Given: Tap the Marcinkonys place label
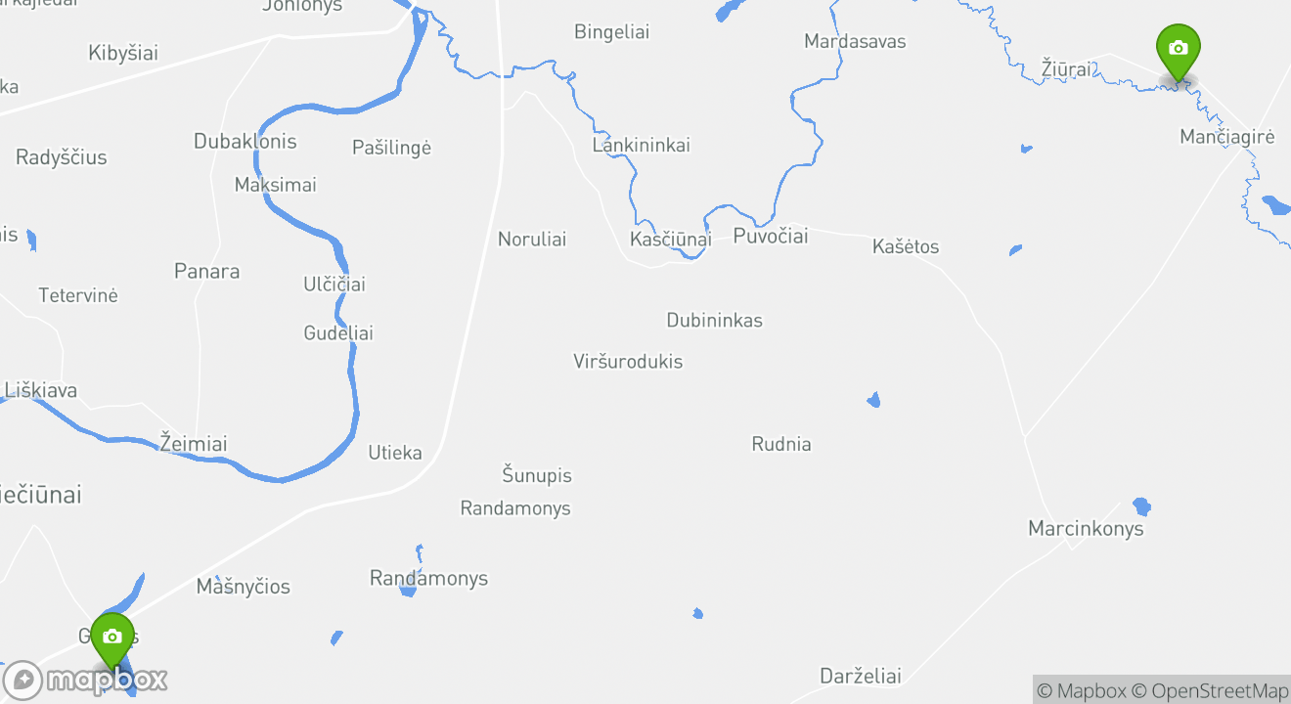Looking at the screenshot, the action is pyautogui.click(x=1085, y=529).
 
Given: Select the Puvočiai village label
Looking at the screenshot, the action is pyautogui.click(x=771, y=237).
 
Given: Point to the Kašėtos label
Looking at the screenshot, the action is pyautogui.click(x=905, y=246).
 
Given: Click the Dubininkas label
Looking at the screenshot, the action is pyautogui.click(x=714, y=321).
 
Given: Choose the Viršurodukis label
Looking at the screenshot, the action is pyautogui.click(x=628, y=362).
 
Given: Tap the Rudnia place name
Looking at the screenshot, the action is pyautogui.click(x=780, y=444).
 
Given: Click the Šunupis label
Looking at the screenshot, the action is pyautogui.click(x=536, y=476).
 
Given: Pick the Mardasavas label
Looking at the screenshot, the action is pyautogui.click(x=854, y=41).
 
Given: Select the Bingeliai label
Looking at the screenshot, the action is pyautogui.click(x=611, y=32).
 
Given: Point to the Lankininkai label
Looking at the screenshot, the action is pyautogui.click(x=641, y=146).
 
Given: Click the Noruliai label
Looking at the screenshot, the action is pyautogui.click(x=532, y=240).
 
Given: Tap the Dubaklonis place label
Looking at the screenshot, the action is pyautogui.click(x=245, y=142).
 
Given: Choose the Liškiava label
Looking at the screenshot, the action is pyautogui.click(x=41, y=391).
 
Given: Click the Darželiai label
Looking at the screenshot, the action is pyautogui.click(x=860, y=677).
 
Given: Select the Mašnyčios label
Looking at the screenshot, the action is pyautogui.click(x=244, y=587).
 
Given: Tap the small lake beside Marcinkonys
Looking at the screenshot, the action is pyautogui.click(x=1141, y=506).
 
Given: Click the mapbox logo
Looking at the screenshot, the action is pyautogui.click(x=85, y=680).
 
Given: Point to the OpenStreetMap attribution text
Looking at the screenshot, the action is pyautogui.click(x=1219, y=690).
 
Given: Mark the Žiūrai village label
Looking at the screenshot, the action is pyautogui.click(x=1068, y=69).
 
